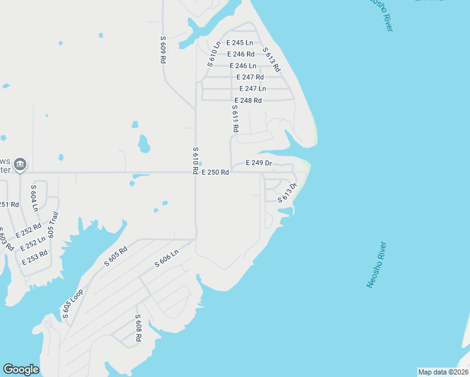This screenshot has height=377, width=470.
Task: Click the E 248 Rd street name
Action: tap(248, 101)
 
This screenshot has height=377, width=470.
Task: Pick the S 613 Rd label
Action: tap(271, 60)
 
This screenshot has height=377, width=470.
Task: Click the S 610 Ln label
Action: tap(214, 54)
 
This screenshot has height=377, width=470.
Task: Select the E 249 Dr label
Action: tap(259, 163)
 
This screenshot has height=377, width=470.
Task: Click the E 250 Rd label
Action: tap(215, 172)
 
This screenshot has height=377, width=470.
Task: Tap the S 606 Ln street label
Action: tap(167, 258)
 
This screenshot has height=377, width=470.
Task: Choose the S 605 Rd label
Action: tap(116, 256)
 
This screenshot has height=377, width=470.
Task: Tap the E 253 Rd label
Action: tap(34, 257)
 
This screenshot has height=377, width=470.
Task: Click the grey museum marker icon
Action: tap(19, 165)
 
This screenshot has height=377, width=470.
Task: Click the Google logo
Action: tap(21, 369)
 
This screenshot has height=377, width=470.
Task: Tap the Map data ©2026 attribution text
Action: tap(443, 372)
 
